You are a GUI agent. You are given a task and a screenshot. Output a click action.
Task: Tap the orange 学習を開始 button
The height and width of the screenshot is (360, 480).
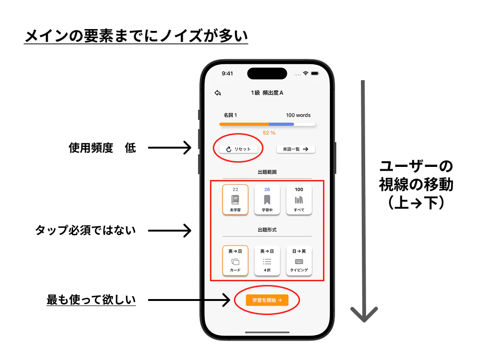click(267, 300)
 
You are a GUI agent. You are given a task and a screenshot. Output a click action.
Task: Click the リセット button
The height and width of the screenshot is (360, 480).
click(239, 149)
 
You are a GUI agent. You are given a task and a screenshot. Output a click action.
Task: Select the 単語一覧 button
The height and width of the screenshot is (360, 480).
click(296, 149)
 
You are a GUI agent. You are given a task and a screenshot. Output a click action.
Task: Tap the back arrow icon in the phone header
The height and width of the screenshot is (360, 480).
click(217, 93)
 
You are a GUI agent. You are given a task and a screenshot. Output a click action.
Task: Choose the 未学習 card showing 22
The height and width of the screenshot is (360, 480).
click(235, 200)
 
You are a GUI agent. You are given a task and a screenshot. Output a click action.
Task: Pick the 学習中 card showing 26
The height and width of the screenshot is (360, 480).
click(267, 200)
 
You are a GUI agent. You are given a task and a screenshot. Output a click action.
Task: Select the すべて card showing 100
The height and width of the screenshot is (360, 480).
click(299, 200)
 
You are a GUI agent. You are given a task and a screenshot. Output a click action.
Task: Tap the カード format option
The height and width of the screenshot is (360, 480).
click(235, 261)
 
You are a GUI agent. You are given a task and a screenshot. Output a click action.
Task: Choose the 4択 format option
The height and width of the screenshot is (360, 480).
click(267, 261)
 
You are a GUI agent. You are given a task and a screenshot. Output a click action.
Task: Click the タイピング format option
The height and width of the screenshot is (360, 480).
click(299, 261)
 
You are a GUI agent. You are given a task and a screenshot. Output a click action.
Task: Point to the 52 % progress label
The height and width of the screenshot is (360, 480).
click(269, 133)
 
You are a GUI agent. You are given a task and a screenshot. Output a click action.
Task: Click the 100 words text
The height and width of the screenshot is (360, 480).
click(298, 115)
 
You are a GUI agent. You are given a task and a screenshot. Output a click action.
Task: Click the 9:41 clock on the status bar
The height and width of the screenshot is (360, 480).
click(227, 74)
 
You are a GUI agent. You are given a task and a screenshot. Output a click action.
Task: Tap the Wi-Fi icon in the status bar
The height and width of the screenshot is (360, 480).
click(306, 73)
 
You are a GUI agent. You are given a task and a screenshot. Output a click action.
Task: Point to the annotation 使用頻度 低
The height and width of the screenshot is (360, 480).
click(102, 148)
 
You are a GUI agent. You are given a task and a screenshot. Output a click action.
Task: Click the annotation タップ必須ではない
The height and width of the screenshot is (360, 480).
click(85, 230)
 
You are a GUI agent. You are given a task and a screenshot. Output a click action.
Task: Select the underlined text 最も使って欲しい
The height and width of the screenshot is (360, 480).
click(91, 300)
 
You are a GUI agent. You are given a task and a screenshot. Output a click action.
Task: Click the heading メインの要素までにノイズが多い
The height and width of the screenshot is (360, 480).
click(136, 36)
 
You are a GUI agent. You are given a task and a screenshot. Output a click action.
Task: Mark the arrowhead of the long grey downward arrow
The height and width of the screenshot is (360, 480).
click(364, 320)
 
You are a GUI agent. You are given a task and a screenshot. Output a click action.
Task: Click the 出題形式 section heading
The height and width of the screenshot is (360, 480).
click(267, 230)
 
